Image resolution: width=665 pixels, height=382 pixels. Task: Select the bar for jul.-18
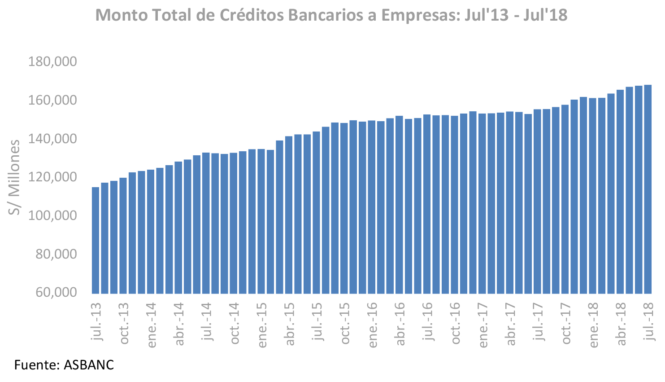pos(648,189)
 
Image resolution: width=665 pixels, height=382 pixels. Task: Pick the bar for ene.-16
pos(372,207)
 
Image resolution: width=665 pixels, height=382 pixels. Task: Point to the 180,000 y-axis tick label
pos(53,61)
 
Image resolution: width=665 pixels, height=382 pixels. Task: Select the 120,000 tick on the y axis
pos(53,177)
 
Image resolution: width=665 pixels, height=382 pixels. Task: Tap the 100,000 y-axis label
pos(53,215)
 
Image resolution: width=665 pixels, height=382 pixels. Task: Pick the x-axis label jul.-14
pos(206,321)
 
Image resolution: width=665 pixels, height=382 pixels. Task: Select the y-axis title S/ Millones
pos(15,177)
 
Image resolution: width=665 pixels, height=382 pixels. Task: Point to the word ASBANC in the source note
pos(89,364)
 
